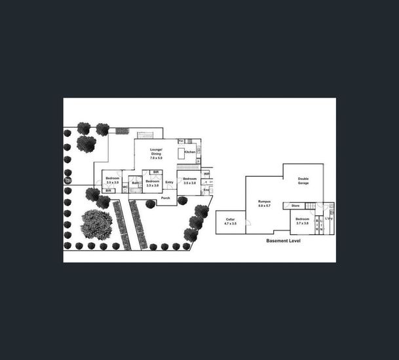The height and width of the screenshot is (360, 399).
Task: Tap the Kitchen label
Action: pyautogui.click(x=189, y=151)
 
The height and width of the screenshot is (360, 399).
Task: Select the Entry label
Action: pyautogui.click(x=169, y=182)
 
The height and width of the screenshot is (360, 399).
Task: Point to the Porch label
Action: pyautogui.click(x=166, y=198)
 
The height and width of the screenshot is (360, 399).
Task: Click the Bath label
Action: pyautogui.click(x=135, y=183)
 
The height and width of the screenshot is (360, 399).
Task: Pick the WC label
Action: pyautogui.click(x=124, y=188)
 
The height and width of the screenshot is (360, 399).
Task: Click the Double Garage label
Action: pyautogui.click(x=303, y=181)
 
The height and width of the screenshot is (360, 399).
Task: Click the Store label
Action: pyautogui.click(x=295, y=206)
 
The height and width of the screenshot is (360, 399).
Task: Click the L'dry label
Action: pyautogui.click(x=329, y=219)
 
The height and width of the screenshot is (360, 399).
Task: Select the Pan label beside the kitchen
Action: pyautogui.click(x=181, y=141)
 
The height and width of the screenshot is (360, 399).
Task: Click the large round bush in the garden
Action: pyautogui.click(x=96, y=224)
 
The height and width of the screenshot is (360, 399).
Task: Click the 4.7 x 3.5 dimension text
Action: pyautogui.click(x=230, y=224)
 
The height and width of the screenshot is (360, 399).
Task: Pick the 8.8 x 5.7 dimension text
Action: pyautogui.click(x=264, y=206)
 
